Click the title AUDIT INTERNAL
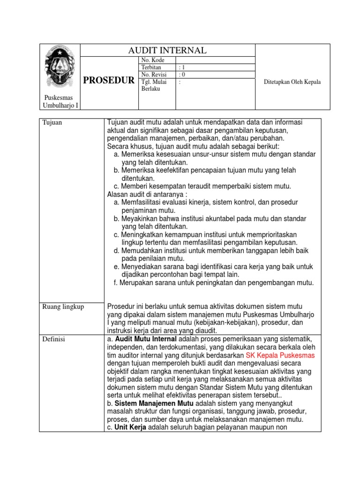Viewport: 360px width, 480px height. coord(167,50)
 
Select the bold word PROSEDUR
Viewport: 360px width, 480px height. coord(109,81)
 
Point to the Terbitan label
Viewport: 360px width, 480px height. coord(151,67)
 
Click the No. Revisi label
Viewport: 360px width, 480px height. coord(154,74)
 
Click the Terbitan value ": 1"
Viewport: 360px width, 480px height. coord(182,67)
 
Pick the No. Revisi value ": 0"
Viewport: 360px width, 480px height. coord(182,74)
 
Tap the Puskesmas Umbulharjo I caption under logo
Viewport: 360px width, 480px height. coord(59,101)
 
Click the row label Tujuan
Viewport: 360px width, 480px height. coord(52,123)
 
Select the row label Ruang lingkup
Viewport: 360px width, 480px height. coord(63,307)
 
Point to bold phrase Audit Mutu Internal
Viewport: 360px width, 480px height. coord(146,338)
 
